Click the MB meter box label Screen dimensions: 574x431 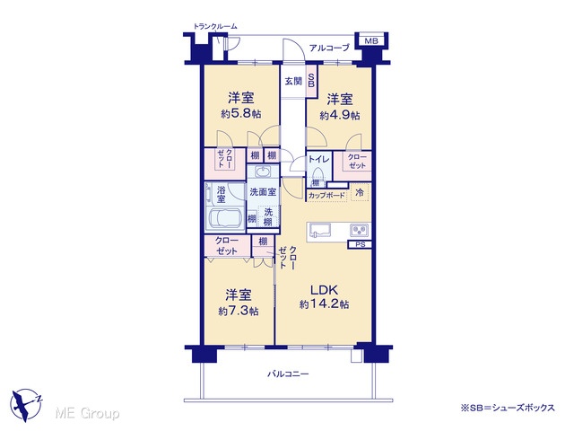371,40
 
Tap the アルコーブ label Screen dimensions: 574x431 329,48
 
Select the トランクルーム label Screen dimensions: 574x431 215,26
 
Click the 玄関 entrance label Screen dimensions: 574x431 293,81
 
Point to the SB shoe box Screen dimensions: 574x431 311,81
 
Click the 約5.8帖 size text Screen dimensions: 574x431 241,114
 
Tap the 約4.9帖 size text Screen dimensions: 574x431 340,116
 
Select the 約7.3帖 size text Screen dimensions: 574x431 239,312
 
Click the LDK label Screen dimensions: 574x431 324,290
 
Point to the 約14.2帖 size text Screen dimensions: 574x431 324,304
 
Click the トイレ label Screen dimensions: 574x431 319,159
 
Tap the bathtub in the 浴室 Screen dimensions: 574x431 225,219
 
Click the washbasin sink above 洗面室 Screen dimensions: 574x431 262,172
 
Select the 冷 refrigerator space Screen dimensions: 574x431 360,192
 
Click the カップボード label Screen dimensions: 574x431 326,196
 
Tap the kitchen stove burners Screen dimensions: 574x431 360,231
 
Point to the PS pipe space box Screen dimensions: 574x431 360,244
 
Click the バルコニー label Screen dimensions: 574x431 288,374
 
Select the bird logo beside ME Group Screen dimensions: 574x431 27,404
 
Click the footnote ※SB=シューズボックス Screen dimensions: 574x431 508,408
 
